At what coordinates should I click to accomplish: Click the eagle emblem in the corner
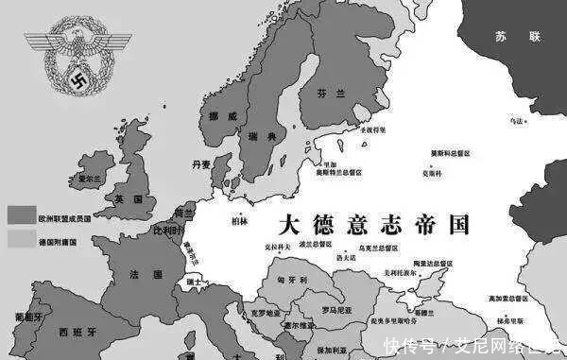(x=66, y=60)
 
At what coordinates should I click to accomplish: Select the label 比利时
(x=165, y=230)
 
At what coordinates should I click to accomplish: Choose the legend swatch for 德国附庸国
(x=19, y=241)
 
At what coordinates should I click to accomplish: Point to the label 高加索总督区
(x=533, y=298)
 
